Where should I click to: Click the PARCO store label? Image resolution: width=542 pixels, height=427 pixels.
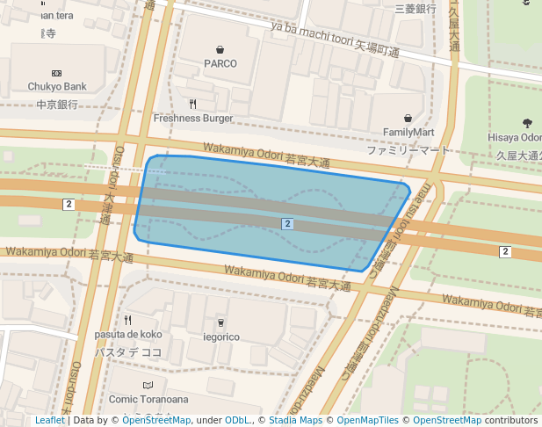pyautogui.click(x=220, y=63)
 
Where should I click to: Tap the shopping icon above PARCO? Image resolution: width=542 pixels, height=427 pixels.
pyautogui.click(x=220, y=48)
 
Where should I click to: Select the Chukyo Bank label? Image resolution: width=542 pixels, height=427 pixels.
pyautogui.click(x=57, y=87)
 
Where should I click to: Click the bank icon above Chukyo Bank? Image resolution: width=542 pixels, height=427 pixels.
pyautogui.click(x=57, y=73)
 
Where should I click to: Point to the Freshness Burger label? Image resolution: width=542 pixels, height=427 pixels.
pyautogui.click(x=193, y=118)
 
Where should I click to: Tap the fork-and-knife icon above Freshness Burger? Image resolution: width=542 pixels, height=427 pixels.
pyautogui.click(x=193, y=104)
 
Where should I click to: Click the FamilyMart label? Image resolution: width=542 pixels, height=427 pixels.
pyautogui.click(x=408, y=133)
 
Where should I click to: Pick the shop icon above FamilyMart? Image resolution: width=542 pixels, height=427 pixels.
pyautogui.click(x=408, y=118)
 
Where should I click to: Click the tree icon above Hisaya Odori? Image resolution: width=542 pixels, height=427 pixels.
pyautogui.click(x=527, y=124)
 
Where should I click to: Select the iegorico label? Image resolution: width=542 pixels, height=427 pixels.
pyautogui.click(x=220, y=337)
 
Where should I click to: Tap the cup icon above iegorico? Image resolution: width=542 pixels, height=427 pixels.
pyautogui.click(x=220, y=322)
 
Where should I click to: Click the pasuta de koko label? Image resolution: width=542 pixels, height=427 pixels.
pyautogui.click(x=127, y=335)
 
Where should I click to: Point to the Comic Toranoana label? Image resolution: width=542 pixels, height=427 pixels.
pyautogui.click(x=148, y=399)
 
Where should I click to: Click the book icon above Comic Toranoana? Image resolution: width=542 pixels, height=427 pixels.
pyautogui.click(x=148, y=385)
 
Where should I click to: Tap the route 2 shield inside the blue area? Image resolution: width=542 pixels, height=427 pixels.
pyautogui.click(x=287, y=224)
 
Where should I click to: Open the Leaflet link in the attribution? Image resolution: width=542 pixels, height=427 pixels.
pyautogui.click(x=50, y=421)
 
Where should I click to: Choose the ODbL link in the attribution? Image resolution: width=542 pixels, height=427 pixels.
pyautogui.click(x=237, y=421)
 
